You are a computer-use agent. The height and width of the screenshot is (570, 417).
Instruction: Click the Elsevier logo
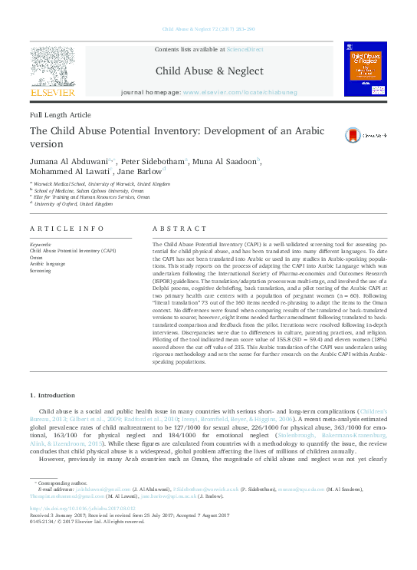(x=52, y=73)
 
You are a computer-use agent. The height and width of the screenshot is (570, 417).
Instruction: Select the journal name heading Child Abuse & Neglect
(x=208, y=71)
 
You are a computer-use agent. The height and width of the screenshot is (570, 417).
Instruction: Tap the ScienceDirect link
(x=245, y=48)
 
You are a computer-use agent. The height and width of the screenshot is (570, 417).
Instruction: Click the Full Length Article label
(x=60, y=114)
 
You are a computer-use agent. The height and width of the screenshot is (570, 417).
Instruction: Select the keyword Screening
(x=41, y=271)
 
